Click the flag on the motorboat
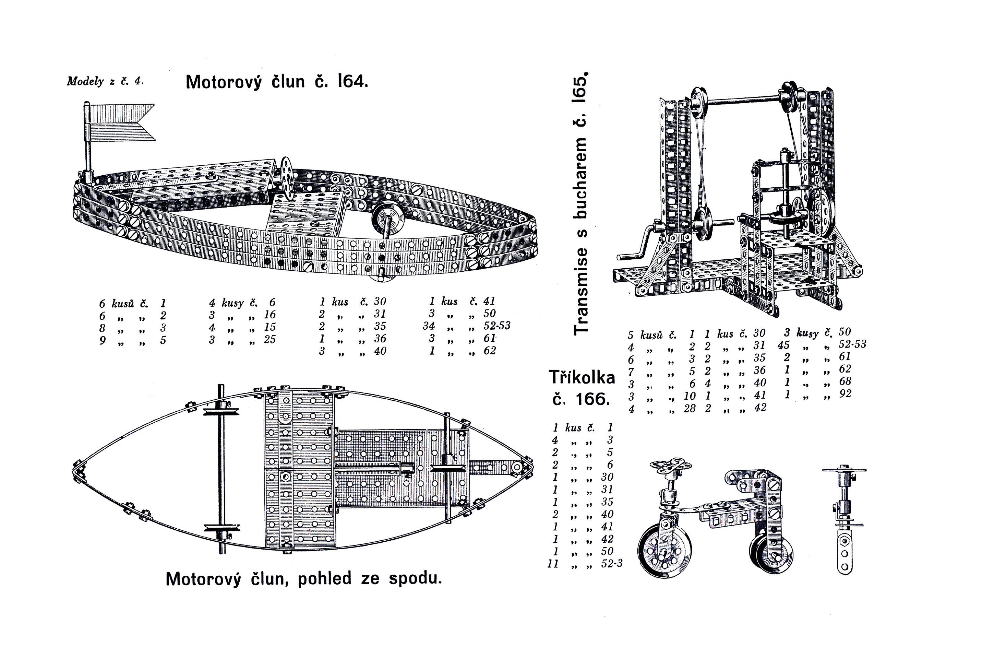(x=120, y=122)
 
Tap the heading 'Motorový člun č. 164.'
(x=277, y=81)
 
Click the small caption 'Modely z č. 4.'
(x=105, y=81)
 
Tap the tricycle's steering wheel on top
(x=671, y=466)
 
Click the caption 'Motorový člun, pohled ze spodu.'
(x=304, y=578)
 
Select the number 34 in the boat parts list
(x=429, y=326)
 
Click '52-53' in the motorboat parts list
(x=497, y=326)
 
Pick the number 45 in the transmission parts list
(x=784, y=345)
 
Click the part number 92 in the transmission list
(x=846, y=393)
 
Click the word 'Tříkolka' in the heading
(x=582, y=377)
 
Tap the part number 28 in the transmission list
(x=690, y=408)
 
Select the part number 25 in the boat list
(x=270, y=339)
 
